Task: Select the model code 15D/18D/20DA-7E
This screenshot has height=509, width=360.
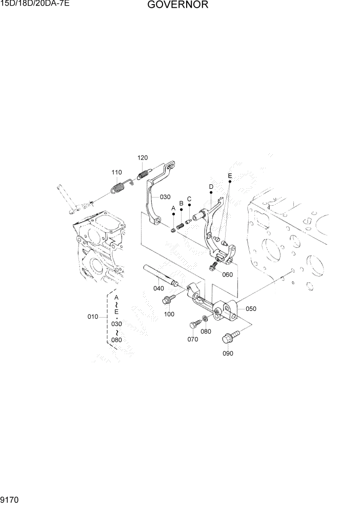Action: coord(35,4)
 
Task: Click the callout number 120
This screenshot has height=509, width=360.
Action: coord(142,158)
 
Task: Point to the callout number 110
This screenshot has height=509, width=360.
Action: coord(117,172)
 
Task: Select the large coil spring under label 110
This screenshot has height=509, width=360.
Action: coord(118,188)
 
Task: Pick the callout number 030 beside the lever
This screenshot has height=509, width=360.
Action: coord(165,197)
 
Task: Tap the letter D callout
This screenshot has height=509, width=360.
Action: coord(211,186)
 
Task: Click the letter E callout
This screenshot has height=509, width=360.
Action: coord(230,175)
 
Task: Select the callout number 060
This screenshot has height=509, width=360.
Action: coord(227,275)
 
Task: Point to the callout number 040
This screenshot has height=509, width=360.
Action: coord(159,288)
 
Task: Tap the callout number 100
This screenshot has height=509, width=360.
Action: coord(169,314)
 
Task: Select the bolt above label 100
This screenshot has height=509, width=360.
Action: coord(168,299)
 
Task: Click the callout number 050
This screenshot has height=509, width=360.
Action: coord(251,309)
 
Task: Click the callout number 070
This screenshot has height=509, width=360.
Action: coord(192,339)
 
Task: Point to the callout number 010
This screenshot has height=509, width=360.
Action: coord(92,317)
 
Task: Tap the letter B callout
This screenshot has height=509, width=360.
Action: coord(181,203)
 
